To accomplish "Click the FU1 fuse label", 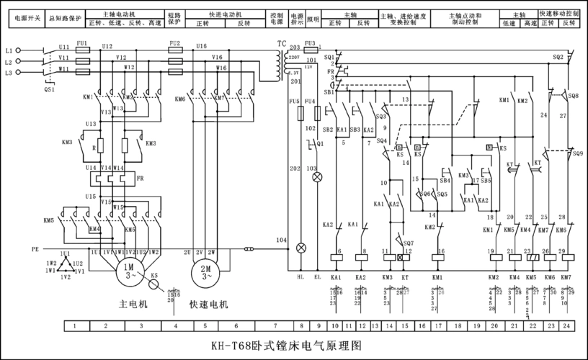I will (x=82, y=43).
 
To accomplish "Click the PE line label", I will (x=35, y=248).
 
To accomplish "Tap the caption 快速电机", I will (x=209, y=305).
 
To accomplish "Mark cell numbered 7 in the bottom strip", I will (x=275, y=326).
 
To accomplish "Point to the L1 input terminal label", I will (x=9, y=51).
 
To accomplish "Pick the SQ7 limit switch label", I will (x=409, y=243).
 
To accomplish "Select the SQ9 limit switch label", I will (x=577, y=153).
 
